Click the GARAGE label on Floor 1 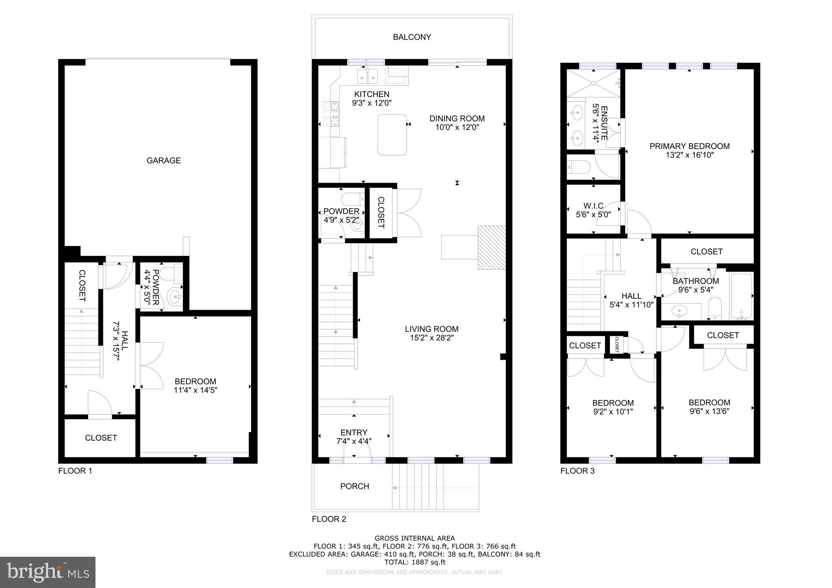[x=163, y=160]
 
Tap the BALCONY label [x=412, y=37]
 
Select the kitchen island [x=392, y=135]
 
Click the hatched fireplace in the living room [x=492, y=247]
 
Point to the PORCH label [x=354, y=486]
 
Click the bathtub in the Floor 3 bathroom [x=741, y=296]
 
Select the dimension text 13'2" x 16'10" [x=689, y=155]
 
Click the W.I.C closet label [x=593, y=206]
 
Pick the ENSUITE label [x=604, y=123]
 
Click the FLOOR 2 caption [x=329, y=519]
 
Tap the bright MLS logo [x=48, y=573]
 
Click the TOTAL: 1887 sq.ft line [x=414, y=562]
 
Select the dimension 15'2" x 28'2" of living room [x=431, y=338]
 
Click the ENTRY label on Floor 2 [x=353, y=432]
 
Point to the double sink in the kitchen [x=367, y=76]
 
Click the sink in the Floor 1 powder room [x=175, y=296]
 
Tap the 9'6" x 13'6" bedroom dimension [x=709, y=411]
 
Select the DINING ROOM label [x=457, y=119]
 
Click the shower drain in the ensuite [x=594, y=83]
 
